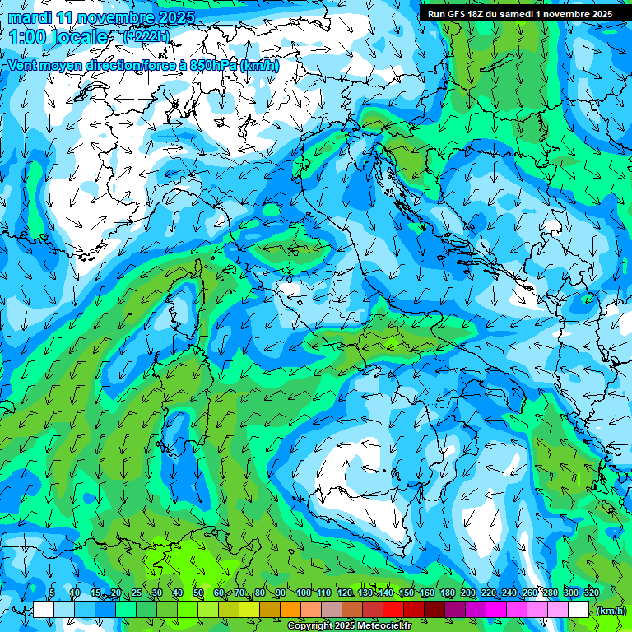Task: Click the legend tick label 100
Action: click(x=304, y=593)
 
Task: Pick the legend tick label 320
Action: click(x=592, y=593)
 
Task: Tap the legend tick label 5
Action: click(x=52, y=593)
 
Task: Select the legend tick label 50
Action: click(x=198, y=593)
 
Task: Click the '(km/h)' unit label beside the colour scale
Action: click(x=611, y=611)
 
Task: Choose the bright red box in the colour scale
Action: click(x=394, y=610)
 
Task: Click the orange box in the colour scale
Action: click(x=290, y=610)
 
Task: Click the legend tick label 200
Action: click(x=468, y=593)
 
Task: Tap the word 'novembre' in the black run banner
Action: click(x=562, y=14)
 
